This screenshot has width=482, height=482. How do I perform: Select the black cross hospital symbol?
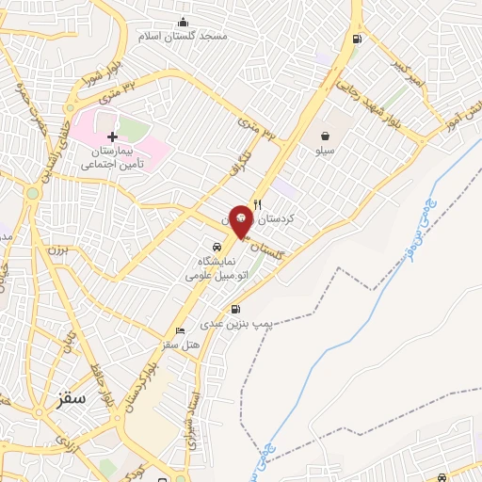pos(112,137)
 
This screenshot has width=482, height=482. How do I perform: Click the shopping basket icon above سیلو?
pos(325,136)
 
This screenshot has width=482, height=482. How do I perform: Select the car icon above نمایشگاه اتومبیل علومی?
pos(216,247)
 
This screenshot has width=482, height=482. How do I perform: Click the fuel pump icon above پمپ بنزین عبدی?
pos(235,309)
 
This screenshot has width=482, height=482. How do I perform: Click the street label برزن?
pos(58,252)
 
